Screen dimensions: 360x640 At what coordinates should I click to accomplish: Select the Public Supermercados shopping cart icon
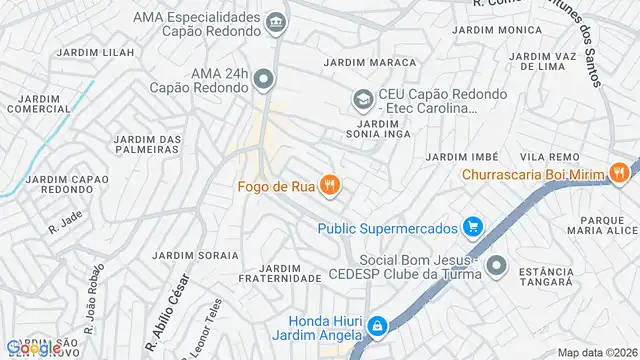[x=474, y=228]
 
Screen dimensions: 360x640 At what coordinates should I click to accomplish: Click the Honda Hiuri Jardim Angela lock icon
[x=377, y=326]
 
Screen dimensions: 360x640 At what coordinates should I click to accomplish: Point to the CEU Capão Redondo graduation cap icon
[x=360, y=99]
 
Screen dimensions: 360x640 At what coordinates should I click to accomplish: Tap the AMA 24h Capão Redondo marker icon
[x=263, y=79]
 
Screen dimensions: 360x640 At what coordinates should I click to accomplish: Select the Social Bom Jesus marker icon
[x=498, y=266]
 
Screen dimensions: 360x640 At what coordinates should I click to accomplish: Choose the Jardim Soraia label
[x=205, y=255]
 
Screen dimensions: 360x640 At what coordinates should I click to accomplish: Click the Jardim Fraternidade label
[x=290, y=274]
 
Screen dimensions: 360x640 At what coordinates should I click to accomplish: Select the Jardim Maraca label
[x=355, y=62]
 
